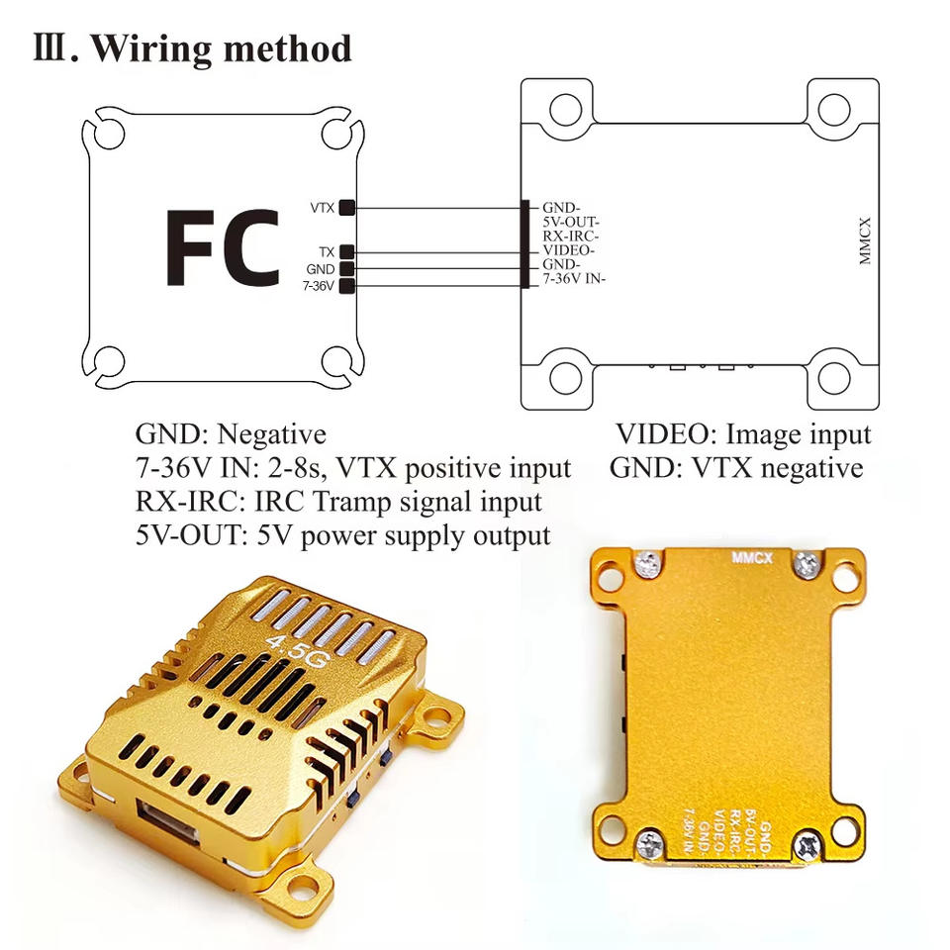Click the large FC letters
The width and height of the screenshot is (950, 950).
222,246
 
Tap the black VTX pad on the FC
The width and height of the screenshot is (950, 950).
347,208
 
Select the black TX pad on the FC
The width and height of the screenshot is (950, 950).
347,252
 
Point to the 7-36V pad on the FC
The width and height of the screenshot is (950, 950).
347,287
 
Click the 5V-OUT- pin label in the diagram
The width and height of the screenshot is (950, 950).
571,223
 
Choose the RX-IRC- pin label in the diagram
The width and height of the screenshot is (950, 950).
571,237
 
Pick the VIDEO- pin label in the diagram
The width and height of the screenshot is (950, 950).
568,251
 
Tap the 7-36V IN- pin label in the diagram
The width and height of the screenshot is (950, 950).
574,280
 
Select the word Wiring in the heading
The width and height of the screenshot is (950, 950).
148,48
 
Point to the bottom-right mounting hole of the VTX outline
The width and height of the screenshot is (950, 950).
834,377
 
